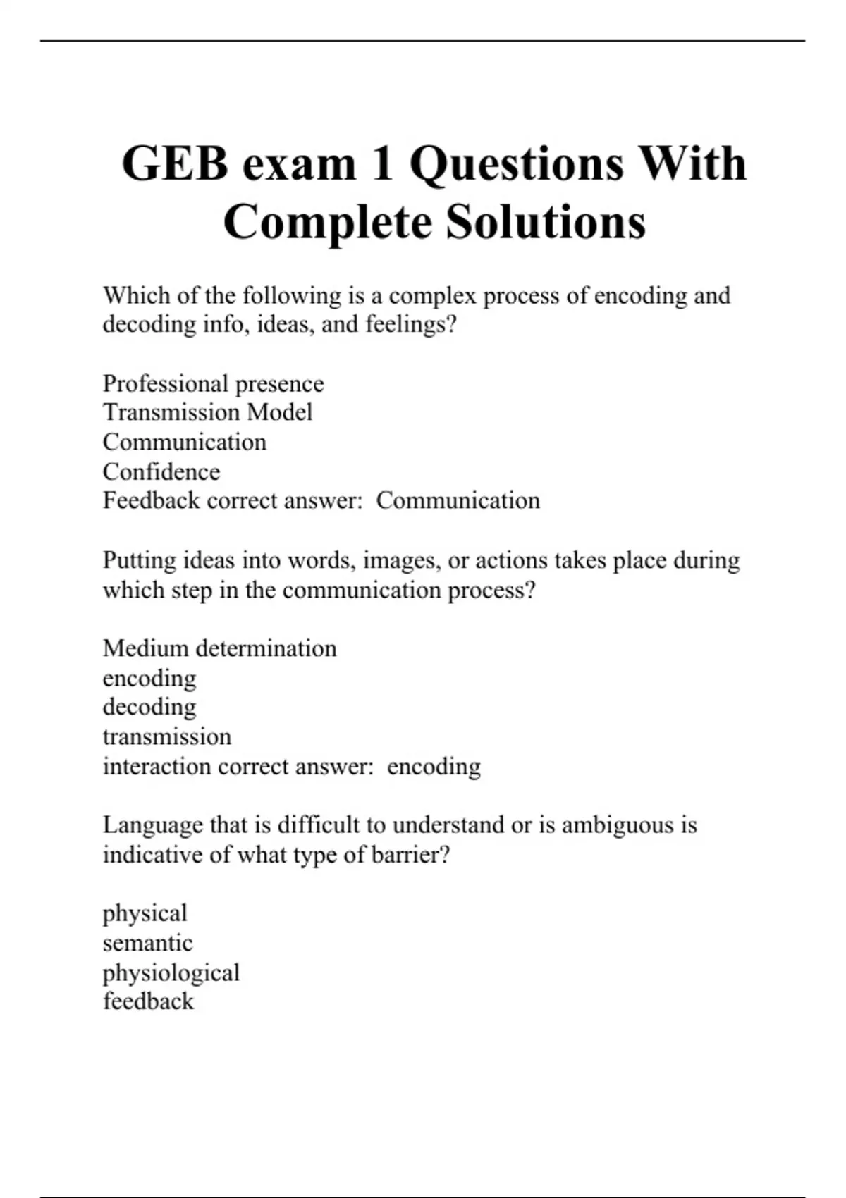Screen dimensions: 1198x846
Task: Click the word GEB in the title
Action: point(175,163)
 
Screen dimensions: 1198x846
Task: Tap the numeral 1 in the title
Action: point(382,163)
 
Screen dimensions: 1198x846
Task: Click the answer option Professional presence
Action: point(213,383)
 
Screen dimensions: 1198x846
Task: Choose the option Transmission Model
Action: point(207,412)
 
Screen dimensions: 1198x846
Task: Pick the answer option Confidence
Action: point(161,471)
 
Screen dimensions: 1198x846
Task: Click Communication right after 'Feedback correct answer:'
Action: point(458,500)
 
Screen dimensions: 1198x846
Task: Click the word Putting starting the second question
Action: point(140,560)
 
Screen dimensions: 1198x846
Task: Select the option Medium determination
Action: point(219,648)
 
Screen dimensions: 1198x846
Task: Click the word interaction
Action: point(157,766)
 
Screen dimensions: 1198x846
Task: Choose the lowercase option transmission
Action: point(166,736)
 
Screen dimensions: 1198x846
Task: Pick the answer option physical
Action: point(145,913)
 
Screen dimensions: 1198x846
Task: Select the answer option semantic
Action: point(147,943)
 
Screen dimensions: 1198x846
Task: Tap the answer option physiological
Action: point(171,973)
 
